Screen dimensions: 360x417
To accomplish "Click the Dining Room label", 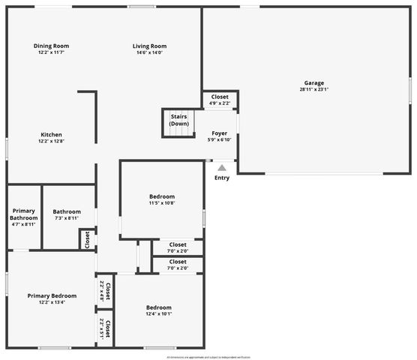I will click(51, 46).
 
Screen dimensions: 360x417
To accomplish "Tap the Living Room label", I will click(149, 46).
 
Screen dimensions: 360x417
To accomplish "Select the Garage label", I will click(314, 82).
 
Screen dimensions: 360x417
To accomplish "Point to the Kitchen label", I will click(51, 135).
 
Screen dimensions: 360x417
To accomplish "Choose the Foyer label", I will click(219, 133).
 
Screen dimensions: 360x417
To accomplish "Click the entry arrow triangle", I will click(222, 169).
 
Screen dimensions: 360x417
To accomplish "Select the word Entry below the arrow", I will click(222, 178).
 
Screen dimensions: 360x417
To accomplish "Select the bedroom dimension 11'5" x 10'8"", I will click(161, 203).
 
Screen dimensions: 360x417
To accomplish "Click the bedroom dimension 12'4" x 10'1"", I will click(158, 314).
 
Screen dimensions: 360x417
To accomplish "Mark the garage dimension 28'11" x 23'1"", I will click(314, 89).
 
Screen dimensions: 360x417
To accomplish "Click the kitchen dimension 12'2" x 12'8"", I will click(51, 142).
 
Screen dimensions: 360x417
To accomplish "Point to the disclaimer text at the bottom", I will click(208, 357).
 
